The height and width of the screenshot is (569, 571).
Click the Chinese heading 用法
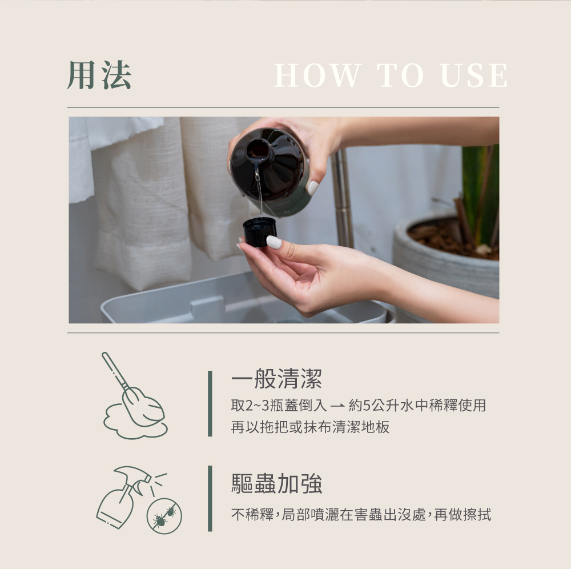coord(99,75)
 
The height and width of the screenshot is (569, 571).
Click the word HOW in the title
coord(317,75)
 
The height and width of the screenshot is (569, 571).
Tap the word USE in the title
coord(474,75)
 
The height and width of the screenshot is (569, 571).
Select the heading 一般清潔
coord(277,379)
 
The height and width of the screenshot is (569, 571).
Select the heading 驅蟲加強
coord(277,483)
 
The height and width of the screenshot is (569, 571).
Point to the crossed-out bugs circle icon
coord(164,516)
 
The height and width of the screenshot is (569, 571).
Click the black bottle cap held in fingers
coord(259,232)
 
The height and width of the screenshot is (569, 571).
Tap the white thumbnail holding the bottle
coord(312,187)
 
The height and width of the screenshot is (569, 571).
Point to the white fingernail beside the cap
coord(274,242)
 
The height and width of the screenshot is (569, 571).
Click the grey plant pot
coord(446,262)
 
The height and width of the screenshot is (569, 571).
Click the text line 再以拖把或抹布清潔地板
coord(310,427)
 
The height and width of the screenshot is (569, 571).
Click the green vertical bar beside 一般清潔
coord(210,403)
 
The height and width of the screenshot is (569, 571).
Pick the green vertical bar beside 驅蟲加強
coord(210,498)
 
